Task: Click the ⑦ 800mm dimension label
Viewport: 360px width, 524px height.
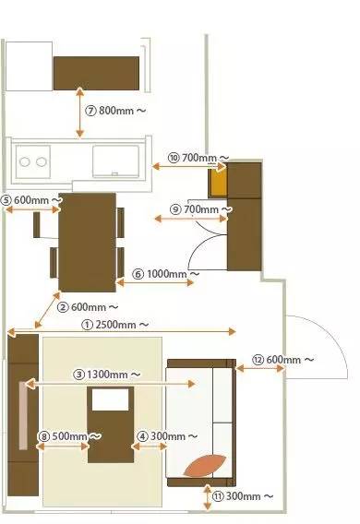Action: [x=115, y=109]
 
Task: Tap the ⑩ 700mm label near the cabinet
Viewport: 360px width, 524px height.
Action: [x=198, y=158]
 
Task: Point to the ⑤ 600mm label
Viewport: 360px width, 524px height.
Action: [x=31, y=199]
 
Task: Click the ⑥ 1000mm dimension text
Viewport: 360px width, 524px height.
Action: [x=167, y=274]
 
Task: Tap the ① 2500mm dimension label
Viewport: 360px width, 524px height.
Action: [x=115, y=325]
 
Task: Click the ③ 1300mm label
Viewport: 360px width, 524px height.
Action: [x=107, y=375]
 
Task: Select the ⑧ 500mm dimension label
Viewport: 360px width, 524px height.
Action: [x=69, y=435]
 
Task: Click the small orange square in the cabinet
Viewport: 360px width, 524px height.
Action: [x=218, y=184]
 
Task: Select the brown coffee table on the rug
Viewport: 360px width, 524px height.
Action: [x=111, y=424]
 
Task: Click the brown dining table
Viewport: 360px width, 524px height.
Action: [x=87, y=240]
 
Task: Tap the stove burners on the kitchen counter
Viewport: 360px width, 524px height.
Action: [x=33, y=162]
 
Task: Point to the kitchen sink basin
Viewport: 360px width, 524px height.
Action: [x=116, y=159]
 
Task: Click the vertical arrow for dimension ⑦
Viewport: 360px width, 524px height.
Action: [x=80, y=111]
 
